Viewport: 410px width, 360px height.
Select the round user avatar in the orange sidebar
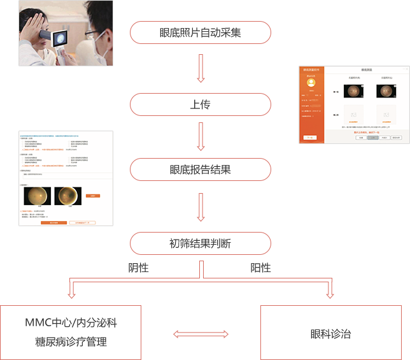click(x=311, y=82)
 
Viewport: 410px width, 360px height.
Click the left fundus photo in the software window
click(x=352, y=92)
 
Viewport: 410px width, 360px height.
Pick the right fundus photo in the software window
click(x=385, y=92)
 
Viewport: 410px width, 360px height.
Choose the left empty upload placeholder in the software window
click(x=352, y=115)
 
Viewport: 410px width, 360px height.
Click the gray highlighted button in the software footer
click(x=372, y=138)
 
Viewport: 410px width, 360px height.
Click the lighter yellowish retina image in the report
click(x=37, y=196)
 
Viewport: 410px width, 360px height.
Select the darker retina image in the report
click(x=67, y=196)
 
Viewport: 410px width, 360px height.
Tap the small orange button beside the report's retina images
click(x=92, y=196)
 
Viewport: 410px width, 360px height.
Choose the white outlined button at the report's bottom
click(x=82, y=222)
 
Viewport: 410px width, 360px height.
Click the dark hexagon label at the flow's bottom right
click(x=331, y=332)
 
